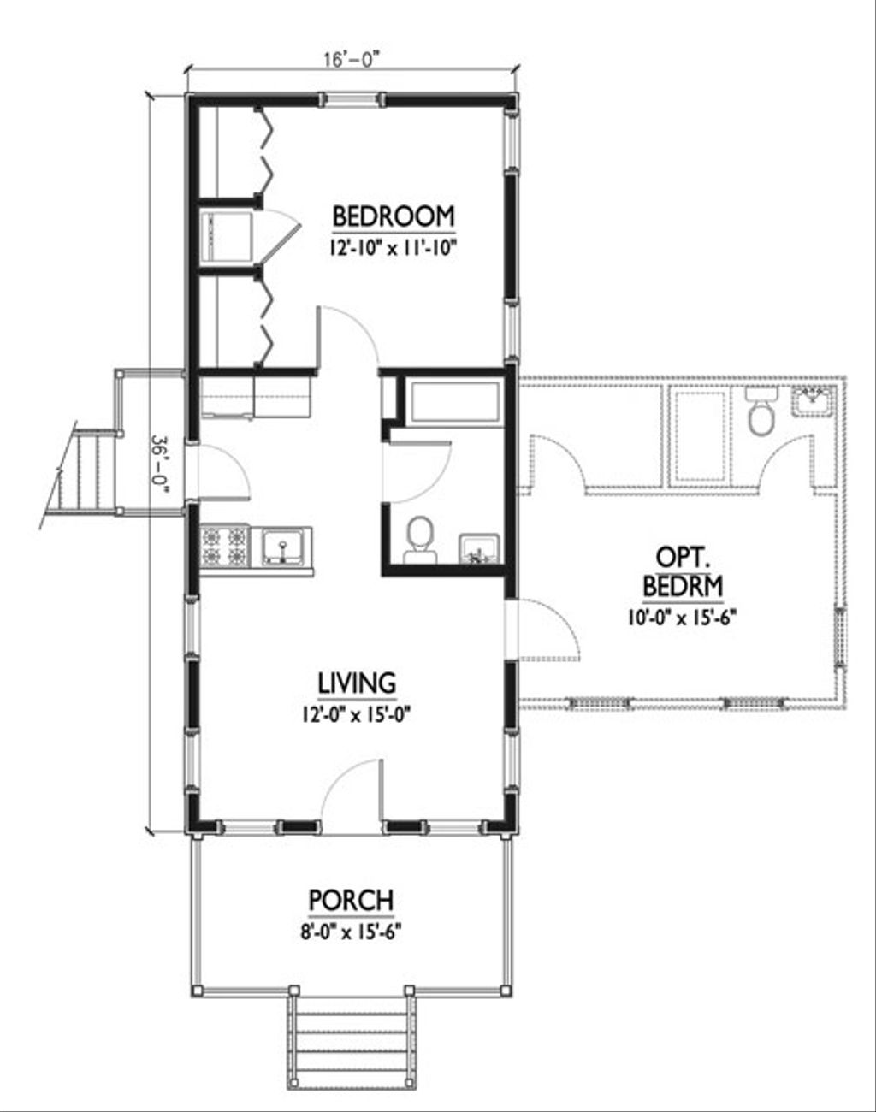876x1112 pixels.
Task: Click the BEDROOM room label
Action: [x=393, y=216]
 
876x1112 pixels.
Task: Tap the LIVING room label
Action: [x=357, y=683]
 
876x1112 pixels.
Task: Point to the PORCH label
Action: [x=351, y=900]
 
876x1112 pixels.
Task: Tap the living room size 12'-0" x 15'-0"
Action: [x=357, y=713]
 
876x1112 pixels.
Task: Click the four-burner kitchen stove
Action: [x=224, y=547]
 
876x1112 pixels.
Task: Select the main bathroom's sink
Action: [x=479, y=548]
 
